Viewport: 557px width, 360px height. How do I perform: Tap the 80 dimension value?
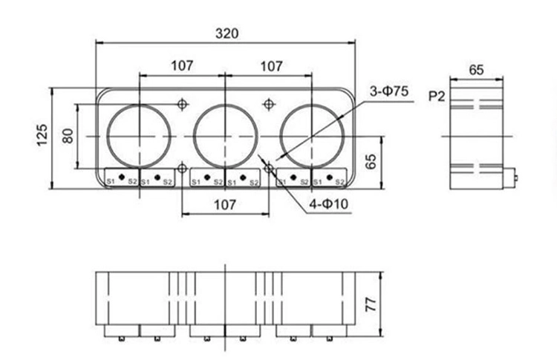pos(67,136)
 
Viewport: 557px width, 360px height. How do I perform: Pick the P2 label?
pos(436,96)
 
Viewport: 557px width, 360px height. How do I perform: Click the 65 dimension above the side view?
pos(476,70)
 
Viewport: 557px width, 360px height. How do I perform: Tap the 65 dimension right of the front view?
pos(372,162)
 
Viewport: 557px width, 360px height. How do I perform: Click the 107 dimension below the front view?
pos(225,205)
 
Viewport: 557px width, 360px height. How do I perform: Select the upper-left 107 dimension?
pos(182,66)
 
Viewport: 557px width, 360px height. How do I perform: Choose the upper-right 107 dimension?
pos(270,66)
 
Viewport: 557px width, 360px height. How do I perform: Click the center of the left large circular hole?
pos(139,136)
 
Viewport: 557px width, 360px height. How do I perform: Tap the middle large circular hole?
pos(225,136)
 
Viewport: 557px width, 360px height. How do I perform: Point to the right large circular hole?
pos(311,136)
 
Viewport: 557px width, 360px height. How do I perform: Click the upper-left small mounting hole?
pos(183,104)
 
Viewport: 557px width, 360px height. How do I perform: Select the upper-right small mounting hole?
pos(270,104)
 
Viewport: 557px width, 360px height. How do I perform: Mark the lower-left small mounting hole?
pos(183,168)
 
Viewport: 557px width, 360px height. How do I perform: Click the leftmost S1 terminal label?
pos(110,181)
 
